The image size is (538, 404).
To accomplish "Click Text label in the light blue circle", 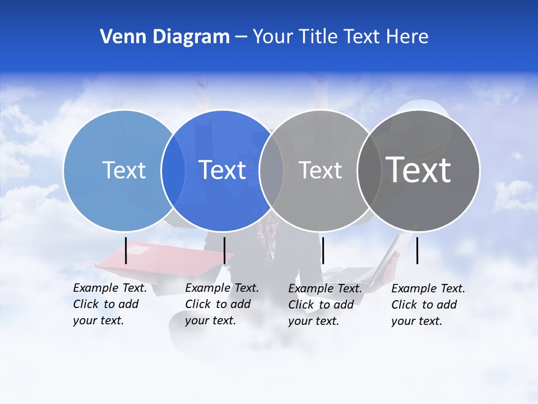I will [124, 170].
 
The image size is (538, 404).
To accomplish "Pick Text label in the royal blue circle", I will [222, 170].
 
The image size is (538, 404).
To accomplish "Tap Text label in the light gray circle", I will [320, 170].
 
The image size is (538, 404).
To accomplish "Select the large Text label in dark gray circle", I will [418, 169].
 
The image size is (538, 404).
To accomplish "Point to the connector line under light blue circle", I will [126, 250].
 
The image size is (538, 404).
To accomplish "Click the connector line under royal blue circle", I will [224, 250].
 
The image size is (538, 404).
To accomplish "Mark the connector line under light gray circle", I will [323, 250].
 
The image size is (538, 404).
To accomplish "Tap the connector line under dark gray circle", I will [418, 250].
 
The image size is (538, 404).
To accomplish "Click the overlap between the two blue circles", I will [173, 170].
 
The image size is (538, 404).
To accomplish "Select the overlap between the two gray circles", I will [369, 170].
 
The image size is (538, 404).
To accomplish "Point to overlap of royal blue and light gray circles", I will [271, 170].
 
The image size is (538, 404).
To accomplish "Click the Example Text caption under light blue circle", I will [109, 304].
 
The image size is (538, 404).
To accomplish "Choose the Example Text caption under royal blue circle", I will [221, 304].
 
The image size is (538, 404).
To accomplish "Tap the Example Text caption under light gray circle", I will [324, 305].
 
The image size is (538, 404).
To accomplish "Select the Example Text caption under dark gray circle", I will [428, 305].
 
